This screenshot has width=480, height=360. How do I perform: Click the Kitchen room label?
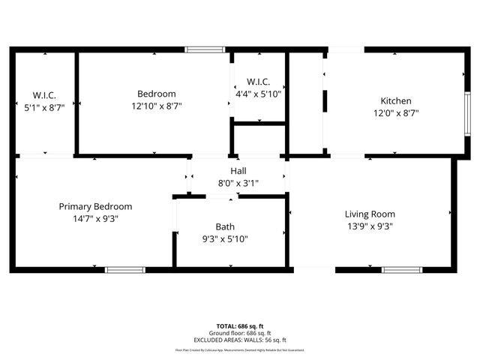pyautogui.click(x=395, y=101)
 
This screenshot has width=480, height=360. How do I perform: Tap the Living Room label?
pyautogui.click(x=369, y=214)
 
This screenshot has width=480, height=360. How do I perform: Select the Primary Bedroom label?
pyautogui.click(x=95, y=206)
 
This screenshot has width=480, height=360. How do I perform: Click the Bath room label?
pyautogui.click(x=224, y=226)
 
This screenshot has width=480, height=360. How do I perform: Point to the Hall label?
pyautogui.click(x=238, y=171)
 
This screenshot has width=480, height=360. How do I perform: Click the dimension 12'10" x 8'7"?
pyautogui.click(x=156, y=106)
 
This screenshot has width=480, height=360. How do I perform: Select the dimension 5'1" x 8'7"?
pyautogui.click(x=44, y=107)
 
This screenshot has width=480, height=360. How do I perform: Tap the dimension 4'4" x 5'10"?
pyautogui.click(x=258, y=94)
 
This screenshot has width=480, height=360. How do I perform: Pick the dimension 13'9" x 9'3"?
pyautogui.click(x=369, y=226)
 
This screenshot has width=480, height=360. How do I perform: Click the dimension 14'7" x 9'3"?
pyautogui.click(x=95, y=219)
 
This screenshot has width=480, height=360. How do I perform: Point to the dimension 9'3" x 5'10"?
pyautogui.click(x=224, y=239)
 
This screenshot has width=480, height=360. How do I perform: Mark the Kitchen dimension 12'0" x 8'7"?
pyautogui.click(x=395, y=113)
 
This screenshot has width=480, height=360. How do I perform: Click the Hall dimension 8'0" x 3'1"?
pyautogui.click(x=238, y=183)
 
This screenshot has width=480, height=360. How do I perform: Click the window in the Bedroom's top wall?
pyautogui.click(x=205, y=49)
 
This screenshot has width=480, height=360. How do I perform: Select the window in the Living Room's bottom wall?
pyautogui.click(x=402, y=269)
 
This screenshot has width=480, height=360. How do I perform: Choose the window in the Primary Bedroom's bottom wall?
pyautogui.click(x=124, y=269)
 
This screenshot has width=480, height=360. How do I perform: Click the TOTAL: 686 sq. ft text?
pyautogui.click(x=239, y=327)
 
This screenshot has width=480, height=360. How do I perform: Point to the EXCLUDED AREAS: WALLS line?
pyautogui.click(x=239, y=340)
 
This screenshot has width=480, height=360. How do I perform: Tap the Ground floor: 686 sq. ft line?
pyautogui.click(x=239, y=333)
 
